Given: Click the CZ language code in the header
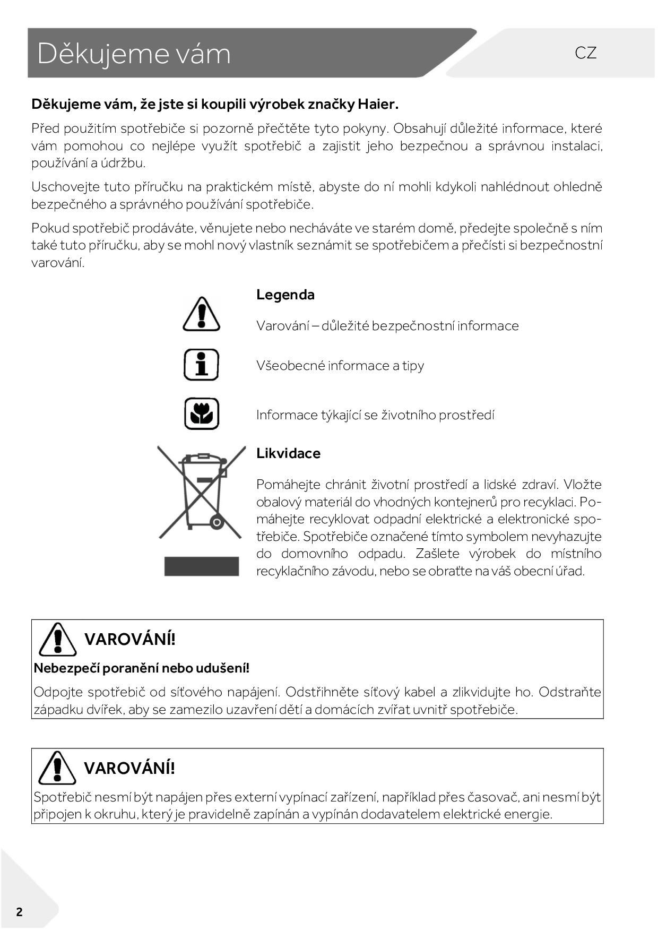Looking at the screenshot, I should click(x=585, y=53).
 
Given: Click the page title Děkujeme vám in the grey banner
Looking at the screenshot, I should click(x=134, y=54).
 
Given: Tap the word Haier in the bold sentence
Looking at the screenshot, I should click(x=377, y=104).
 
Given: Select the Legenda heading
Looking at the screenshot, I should click(x=285, y=295).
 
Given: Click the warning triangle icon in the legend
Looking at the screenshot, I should click(x=201, y=314).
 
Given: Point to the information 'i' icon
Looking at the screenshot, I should click(x=201, y=365).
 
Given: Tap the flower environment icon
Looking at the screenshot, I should click(x=201, y=413).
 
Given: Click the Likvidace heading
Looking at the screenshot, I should click(x=288, y=453).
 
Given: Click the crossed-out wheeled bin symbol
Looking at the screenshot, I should click(x=201, y=491).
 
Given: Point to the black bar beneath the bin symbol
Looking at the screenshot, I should click(x=201, y=566).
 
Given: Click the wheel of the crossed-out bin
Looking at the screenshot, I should click(x=217, y=523).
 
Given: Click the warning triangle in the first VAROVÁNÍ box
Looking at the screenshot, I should click(x=57, y=639).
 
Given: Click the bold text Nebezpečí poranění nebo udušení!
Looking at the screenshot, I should click(x=141, y=668).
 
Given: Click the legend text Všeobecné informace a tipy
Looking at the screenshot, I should click(x=340, y=366).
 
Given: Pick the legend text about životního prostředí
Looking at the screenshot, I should click(x=375, y=415).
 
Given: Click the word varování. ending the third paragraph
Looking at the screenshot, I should click(x=58, y=263).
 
